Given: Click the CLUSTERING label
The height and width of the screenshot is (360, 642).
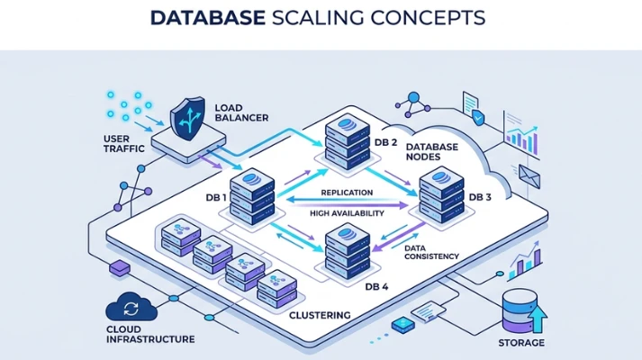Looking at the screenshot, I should (x=319, y=316).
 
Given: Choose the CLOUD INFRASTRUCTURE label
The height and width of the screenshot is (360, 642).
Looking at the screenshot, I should (x=150, y=334).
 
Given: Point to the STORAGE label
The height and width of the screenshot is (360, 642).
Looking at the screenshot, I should (x=521, y=343).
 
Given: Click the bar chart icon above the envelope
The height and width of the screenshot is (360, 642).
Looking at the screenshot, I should (x=521, y=136).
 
